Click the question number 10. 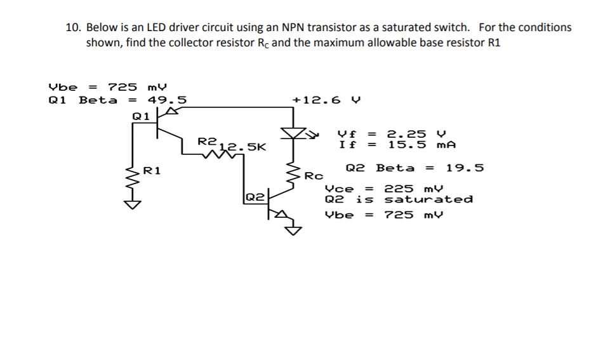[74, 27]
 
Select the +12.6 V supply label [326, 100]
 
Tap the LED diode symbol [294, 133]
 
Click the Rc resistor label [314, 175]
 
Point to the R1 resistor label [152, 170]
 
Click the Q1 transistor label [140, 116]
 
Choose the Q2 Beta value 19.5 [465, 168]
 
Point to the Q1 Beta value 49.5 [166, 100]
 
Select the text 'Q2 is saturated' [399, 199]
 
